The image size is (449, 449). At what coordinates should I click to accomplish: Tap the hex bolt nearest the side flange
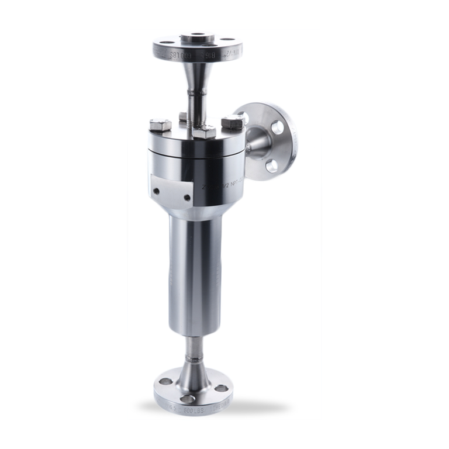(232, 123)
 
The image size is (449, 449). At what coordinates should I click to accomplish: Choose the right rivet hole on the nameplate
(186, 197)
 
